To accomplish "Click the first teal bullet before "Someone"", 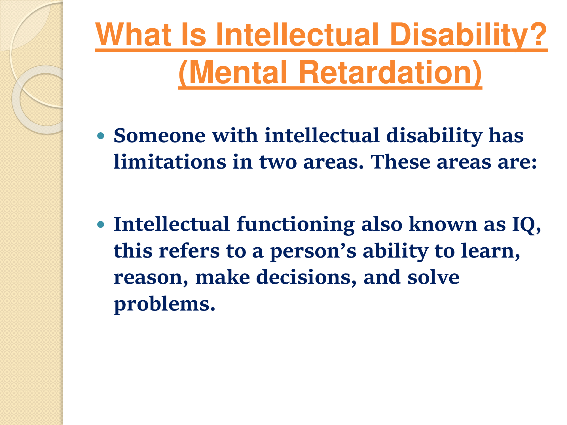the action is click(101, 136).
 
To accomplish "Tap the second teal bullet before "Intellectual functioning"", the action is click(101, 225).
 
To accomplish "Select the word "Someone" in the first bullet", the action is click(160, 135).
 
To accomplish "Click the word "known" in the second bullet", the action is click(443, 224).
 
